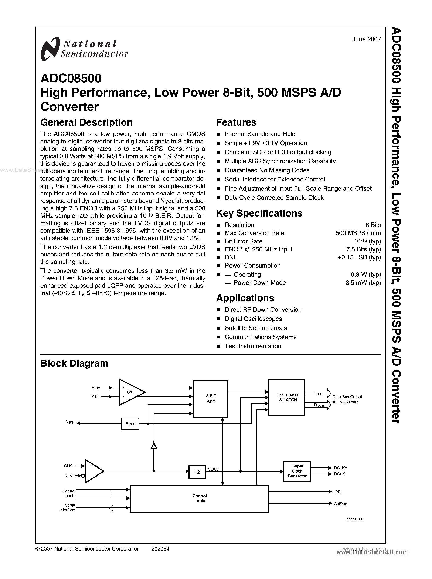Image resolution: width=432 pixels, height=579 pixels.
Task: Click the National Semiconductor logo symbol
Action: [x=49, y=49]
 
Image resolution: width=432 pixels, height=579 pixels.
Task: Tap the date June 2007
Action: [x=366, y=39]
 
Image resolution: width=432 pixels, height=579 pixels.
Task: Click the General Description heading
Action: [x=86, y=122]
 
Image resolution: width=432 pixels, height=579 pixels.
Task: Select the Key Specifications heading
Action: [x=259, y=213]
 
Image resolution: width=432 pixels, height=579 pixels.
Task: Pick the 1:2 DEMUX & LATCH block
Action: [x=287, y=397]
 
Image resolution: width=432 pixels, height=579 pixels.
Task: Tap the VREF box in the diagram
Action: [x=130, y=424]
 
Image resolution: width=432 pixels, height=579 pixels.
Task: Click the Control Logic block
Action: [x=199, y=498]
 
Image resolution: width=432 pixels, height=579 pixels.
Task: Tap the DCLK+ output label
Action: [x=340, y=468]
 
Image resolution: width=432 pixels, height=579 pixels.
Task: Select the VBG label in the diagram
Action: [x=69, y=422]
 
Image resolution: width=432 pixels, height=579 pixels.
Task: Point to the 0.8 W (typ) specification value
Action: [x=365, y=275]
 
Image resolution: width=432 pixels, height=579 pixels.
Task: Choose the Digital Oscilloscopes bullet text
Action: [x=253, y=319]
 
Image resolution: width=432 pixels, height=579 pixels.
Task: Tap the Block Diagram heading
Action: [x=74, y=363]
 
